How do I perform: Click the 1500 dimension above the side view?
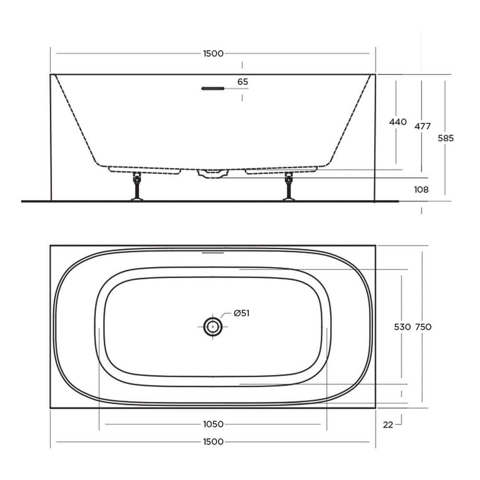point(213,54)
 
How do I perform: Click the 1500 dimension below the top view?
point(213,442)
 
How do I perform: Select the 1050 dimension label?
point(213,424)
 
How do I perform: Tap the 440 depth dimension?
point(397,122)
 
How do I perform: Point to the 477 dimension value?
point(422,126)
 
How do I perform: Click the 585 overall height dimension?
point(445,138)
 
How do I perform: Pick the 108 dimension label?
point(421,190)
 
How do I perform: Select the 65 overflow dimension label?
point(243,82)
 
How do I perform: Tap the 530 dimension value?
point(402,327)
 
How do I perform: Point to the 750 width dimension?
point(423,327)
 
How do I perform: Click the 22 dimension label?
point(388,425)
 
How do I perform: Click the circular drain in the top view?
point(213,327)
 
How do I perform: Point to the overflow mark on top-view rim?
point(213,253)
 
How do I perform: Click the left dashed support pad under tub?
point(145,170)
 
